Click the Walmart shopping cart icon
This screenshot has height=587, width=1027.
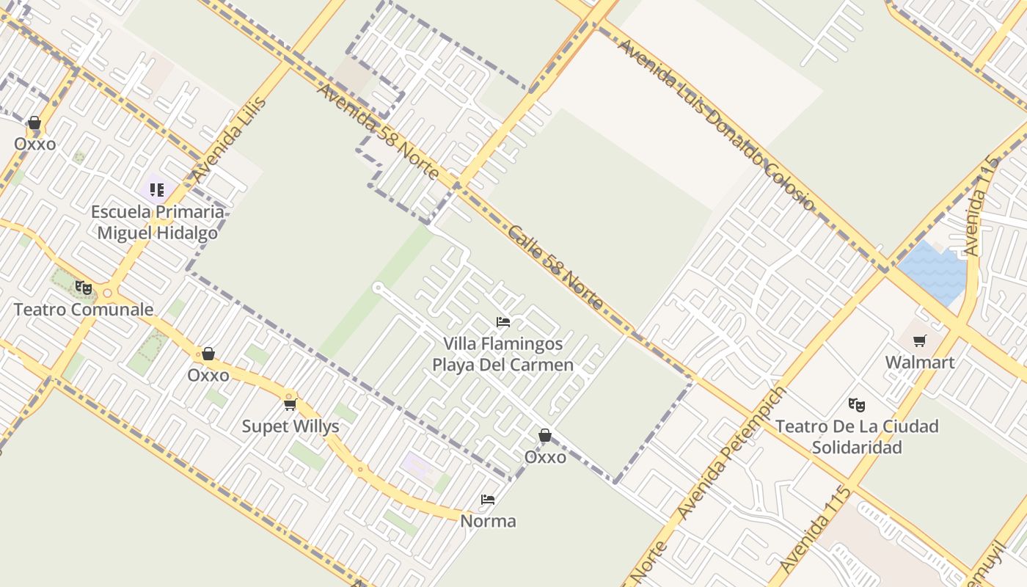919,340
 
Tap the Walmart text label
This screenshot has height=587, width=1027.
919,362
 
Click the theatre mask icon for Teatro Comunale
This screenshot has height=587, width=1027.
84,288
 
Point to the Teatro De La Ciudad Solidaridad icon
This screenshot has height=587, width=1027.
856,404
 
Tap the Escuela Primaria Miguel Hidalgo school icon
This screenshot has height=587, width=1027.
157,190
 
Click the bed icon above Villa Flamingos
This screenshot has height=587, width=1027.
503,322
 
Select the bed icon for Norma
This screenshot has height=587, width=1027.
488,500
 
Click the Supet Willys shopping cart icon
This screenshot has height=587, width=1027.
290,404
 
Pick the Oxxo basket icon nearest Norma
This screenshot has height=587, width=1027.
545,436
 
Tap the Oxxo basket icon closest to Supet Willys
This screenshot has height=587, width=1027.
208,354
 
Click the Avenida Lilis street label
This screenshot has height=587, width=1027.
229,139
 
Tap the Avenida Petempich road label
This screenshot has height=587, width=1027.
730,453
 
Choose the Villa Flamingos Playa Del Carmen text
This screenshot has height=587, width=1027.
503,354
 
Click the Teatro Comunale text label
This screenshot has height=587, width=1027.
84,309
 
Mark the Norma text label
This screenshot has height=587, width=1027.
488,521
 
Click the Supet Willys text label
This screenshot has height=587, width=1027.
290,426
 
